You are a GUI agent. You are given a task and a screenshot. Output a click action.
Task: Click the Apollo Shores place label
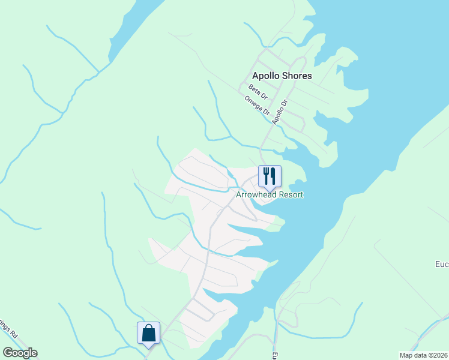click(x=282, y=76)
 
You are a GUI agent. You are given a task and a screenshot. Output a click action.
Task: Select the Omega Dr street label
click(x=258, y=106)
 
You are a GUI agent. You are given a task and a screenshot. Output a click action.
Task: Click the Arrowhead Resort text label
click(x=270, y=195)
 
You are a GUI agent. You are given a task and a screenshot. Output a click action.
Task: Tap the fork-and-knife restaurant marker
click(x=270, y=176)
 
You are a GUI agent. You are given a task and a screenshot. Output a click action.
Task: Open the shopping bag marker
click(x=148, y=333)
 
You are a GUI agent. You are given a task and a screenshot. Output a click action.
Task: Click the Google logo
click(x=20, y=353)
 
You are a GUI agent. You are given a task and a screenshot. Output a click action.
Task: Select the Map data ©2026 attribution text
click(x=423, y=355)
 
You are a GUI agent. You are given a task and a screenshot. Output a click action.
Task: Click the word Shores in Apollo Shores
click(x=297, y=76)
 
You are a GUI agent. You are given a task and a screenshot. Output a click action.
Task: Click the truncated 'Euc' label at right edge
click(x=442, y=264)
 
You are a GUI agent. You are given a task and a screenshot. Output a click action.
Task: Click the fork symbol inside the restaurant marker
click(x=266, y=175)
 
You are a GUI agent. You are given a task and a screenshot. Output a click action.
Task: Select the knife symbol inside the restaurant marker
click(x=273, y=175)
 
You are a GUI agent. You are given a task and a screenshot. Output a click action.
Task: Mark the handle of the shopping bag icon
click(x=148, y=328)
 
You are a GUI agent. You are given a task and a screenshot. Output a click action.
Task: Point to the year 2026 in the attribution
click(x=441, y=355)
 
